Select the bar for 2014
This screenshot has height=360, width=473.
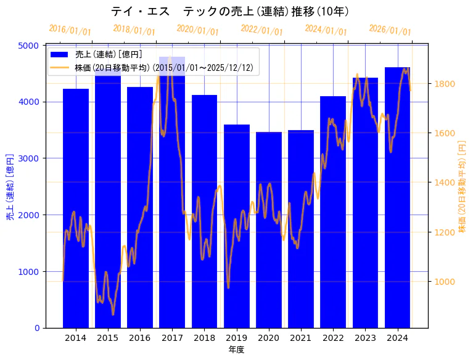point(75,210)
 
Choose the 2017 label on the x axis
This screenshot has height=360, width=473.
point(172,338)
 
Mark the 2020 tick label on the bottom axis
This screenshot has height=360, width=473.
point(268,338)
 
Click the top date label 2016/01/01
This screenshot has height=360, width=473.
point(70,30)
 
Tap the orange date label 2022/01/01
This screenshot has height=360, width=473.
point(261,30)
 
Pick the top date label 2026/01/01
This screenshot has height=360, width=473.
point(390,30)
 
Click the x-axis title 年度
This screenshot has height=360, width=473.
point(237,350)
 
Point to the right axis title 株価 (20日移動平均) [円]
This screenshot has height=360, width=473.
point(463,186)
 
